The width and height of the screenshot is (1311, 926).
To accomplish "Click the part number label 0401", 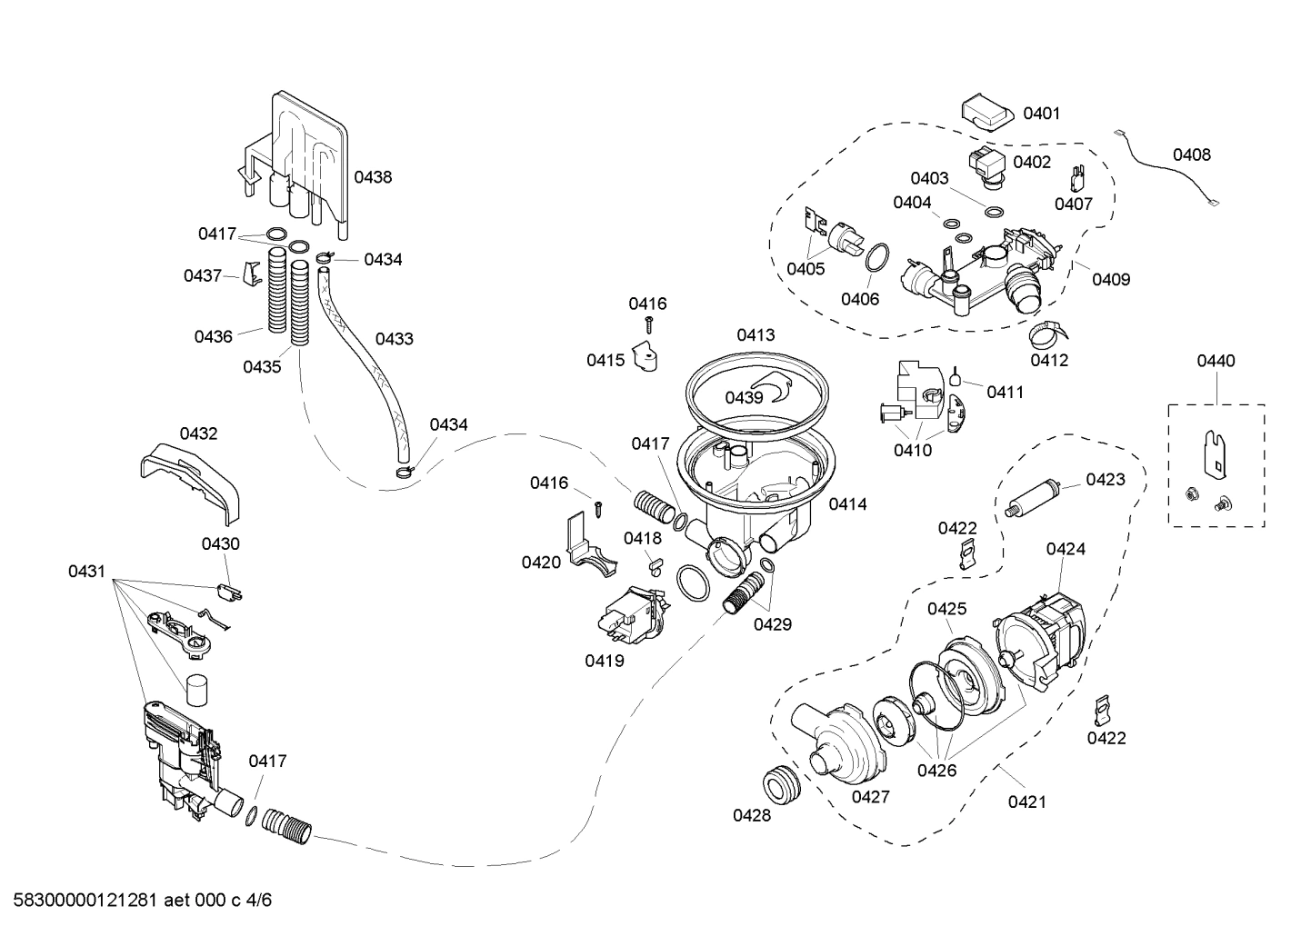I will point(1041,114).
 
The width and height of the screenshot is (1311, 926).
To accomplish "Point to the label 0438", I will point(373,177).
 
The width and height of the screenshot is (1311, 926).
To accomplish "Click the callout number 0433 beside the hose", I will point(394,339).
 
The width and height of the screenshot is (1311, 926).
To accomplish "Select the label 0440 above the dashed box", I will point(1216,361).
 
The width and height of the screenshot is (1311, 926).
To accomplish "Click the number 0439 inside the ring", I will point(744,397).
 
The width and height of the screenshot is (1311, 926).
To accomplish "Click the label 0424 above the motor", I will point(1066,549).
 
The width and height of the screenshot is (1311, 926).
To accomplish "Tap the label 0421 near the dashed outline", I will point(1026,802).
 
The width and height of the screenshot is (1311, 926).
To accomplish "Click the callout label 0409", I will point(1111,279).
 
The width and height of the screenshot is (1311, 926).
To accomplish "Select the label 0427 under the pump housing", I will point(870,796).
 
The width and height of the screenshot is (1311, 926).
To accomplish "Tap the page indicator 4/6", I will point(258,901).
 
